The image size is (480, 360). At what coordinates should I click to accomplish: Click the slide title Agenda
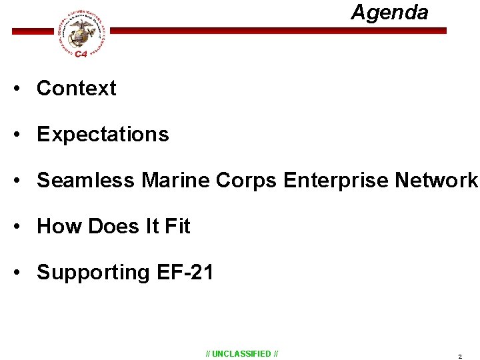point(389,12)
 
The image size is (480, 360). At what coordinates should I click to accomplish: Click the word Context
point(76,88)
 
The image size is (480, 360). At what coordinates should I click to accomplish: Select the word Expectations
point(103,134)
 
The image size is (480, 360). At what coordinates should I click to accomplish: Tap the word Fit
point(177,226)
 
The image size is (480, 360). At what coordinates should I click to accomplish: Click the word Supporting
point(93,273)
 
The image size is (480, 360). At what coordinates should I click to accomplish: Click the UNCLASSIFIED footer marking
point(242,353)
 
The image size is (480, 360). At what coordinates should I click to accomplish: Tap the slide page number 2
point(459,357)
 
